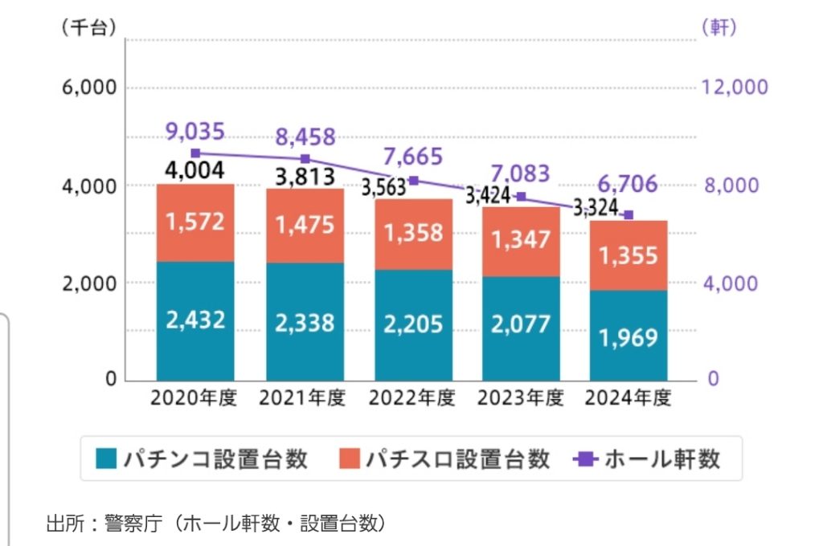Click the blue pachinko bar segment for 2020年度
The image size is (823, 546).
click(195, 320)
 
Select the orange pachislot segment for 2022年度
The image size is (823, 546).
click(413, 234)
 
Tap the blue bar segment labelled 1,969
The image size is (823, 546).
click(629, 336)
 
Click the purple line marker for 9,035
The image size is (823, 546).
click(195, 153)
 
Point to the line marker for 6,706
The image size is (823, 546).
click(629, 215)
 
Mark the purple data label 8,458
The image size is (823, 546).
click(305, 137)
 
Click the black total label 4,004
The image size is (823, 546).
click(195, 170)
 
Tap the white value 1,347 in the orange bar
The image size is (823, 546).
click(522, 239)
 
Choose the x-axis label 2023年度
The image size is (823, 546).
click(520, 399)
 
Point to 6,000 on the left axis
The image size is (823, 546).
click(89, 88)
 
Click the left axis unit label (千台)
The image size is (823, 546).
click(89, 26)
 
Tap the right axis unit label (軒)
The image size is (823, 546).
click(719, 26)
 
